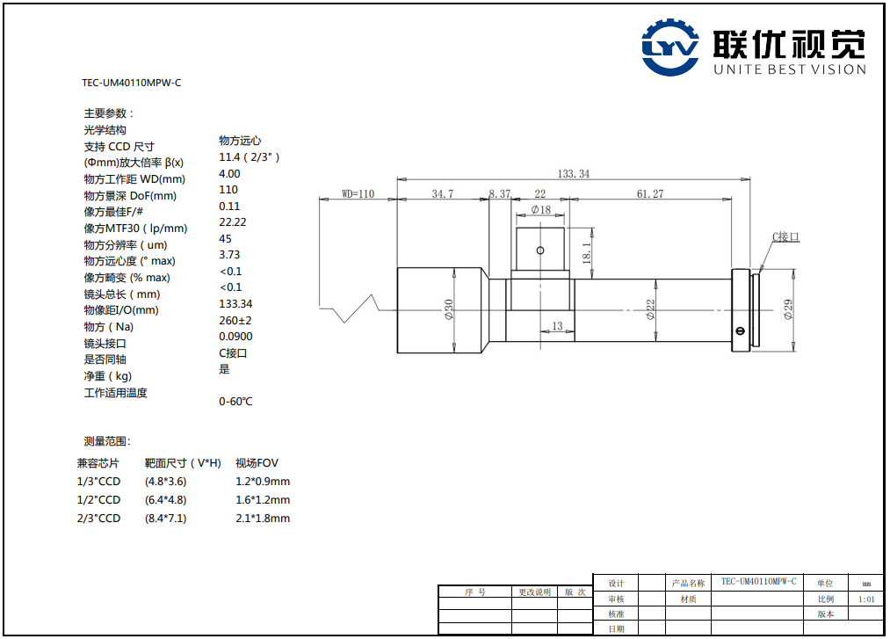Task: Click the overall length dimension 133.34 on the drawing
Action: pos(574,174)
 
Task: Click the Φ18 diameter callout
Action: pos(540,210)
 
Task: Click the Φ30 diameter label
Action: pos(449,309)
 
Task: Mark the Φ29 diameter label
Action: pos(788,309)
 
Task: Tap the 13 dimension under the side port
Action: pos(556,327)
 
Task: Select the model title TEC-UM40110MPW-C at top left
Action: pos(132,84)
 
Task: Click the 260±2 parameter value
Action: pos(235,320)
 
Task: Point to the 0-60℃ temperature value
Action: pos(235,402)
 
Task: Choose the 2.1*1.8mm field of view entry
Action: pos(262,519)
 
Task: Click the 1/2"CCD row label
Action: pos(98,500)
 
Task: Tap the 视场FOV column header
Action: pos(257,463)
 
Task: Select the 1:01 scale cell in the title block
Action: pos(866,599)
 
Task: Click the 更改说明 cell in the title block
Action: pos(534,592)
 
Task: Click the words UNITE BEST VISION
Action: pos(790,69)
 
